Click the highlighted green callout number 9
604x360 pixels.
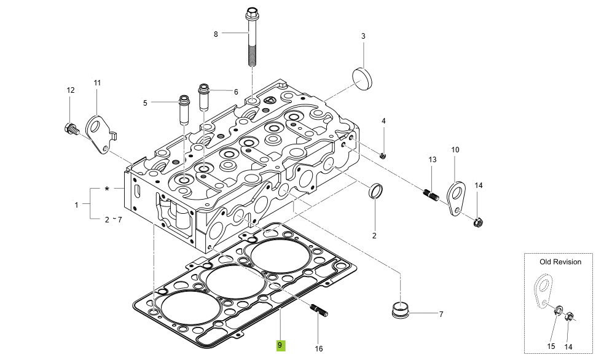(280, 345)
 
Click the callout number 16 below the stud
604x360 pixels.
(319, 348)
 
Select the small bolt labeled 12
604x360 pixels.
(70, 129)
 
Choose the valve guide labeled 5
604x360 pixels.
(183, 109)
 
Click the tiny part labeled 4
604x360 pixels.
(383, 155)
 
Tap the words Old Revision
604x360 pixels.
(560, 262)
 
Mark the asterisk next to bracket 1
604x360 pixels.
(107, 189)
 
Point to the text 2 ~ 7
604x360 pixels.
(113, 219)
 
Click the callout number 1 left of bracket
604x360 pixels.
(76, 205)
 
